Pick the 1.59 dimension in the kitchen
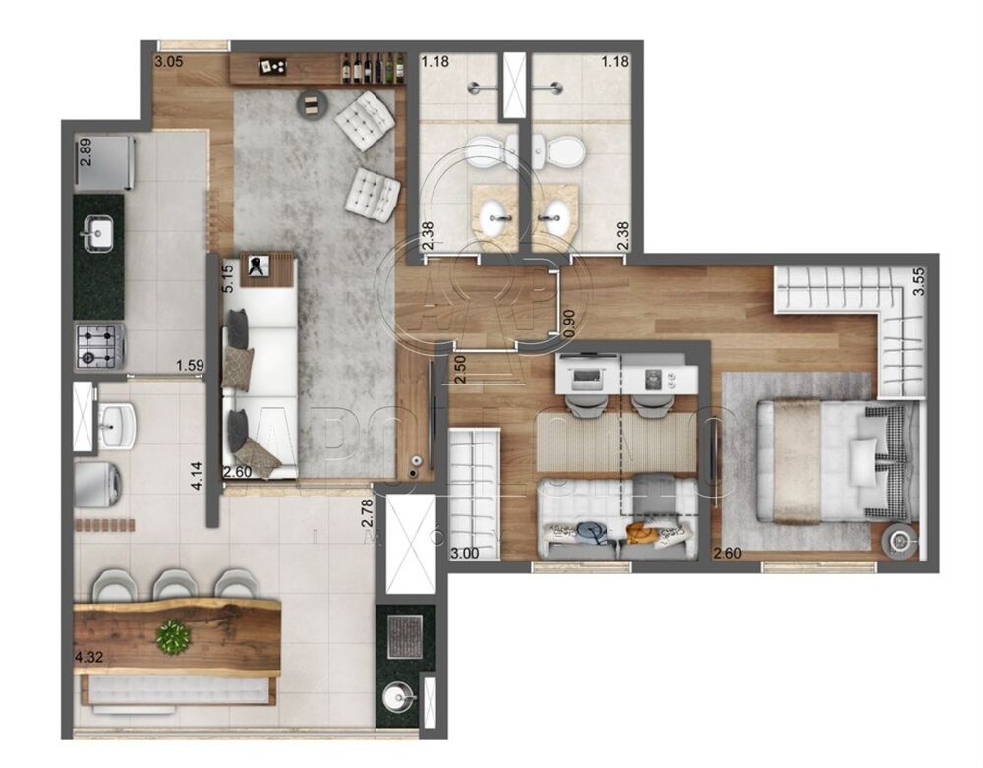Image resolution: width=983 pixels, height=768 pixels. click(x=190, y=367)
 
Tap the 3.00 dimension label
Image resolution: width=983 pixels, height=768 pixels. click(x=465, y=553)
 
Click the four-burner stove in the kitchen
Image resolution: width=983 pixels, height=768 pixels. click(x=99, y=345)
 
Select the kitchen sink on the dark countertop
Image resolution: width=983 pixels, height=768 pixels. click(x=99, y=234)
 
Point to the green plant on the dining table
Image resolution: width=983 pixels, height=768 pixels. click(x=174, y=636)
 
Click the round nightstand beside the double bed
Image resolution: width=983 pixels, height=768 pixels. click(x=898, y=540)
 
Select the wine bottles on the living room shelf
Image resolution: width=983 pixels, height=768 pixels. click(x=375, y=68)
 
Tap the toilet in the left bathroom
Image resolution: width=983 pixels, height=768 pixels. click(x=487, y=151)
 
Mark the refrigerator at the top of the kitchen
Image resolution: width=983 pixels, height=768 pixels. click(x=104, y=162)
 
